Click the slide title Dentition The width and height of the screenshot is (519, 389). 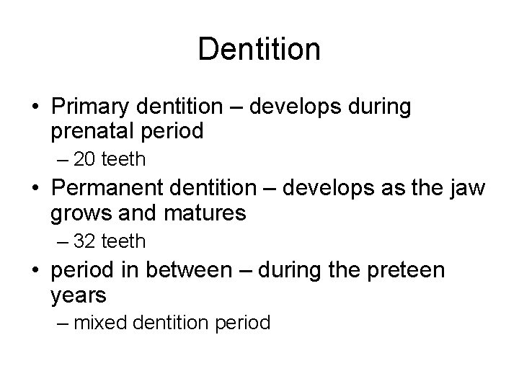[x=259, y=49]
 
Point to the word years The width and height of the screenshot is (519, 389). [x=79, y=296]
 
